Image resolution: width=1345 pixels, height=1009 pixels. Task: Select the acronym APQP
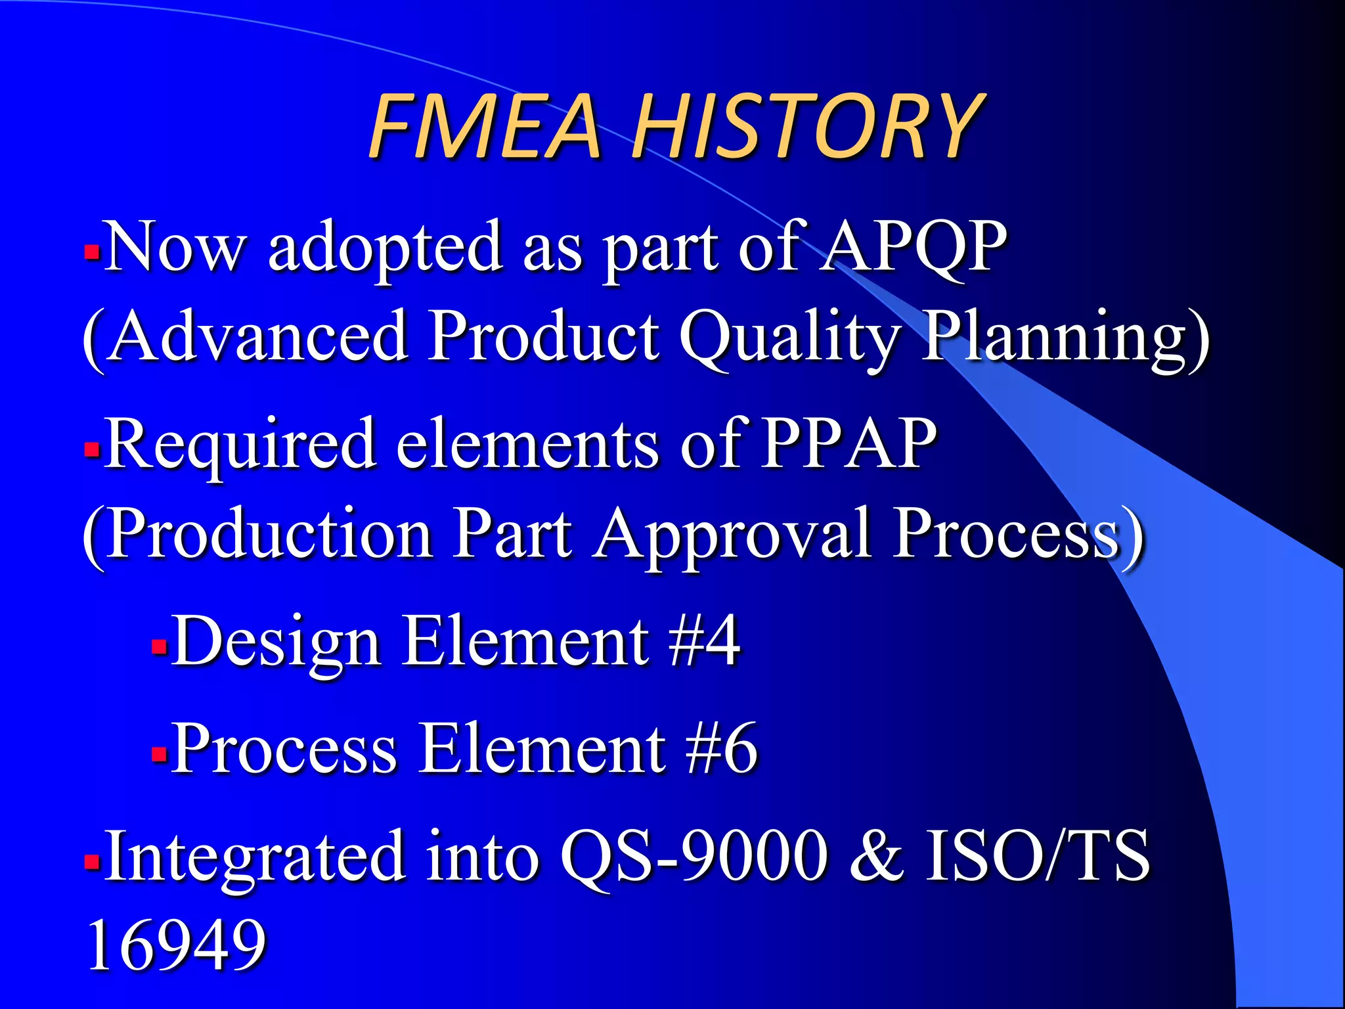(x=914, y=246)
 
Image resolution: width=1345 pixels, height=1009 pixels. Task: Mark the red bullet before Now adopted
(x=92, y=252)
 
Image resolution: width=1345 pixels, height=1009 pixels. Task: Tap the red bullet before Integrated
(x=92, y=860)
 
